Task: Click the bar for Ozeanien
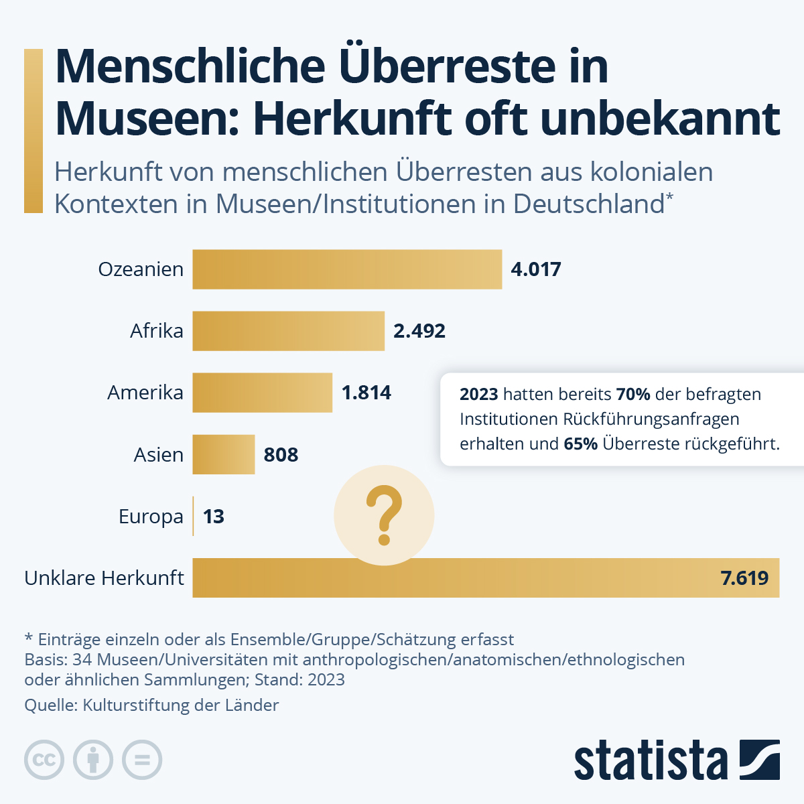pos(347,269)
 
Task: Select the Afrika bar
pos(288,331)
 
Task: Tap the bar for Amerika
pos(262,393)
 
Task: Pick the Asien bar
pos(223,455)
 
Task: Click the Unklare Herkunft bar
pos(486,578)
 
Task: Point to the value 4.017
pos(535,269)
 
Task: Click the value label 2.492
pos(419,331)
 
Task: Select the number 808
pos(281,455)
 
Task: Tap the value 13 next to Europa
pos(213,517)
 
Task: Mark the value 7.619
pos(744,578)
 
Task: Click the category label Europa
pos(151,517)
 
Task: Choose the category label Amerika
pos(145,393)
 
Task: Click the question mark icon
pos(384,516)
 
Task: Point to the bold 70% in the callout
pos(633,395)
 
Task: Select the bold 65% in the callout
pos(580,444)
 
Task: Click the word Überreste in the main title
pos(447,66)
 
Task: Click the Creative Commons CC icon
pos(44,760)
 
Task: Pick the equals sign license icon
pos(142,760)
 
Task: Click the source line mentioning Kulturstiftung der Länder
pos(151,705)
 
